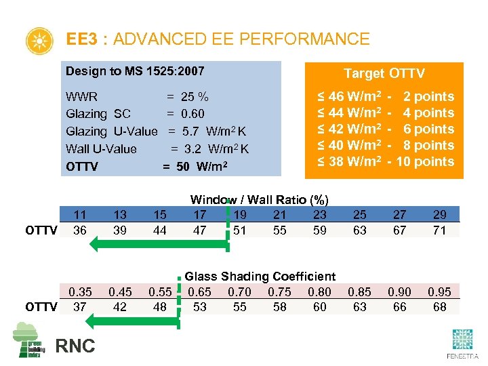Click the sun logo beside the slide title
point(39,41)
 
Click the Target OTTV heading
point(384,73)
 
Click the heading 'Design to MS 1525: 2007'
point(135,71)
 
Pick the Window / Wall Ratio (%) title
point(259,199)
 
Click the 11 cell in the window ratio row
point(80,215)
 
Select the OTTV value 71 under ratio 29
point(440,230)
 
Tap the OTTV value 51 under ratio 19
point(240,230)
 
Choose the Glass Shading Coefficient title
point(260,277)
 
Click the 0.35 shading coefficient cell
point(80,292)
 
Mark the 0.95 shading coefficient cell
point(440,292)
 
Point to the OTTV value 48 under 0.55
point(160,307)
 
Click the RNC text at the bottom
point(75,346)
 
